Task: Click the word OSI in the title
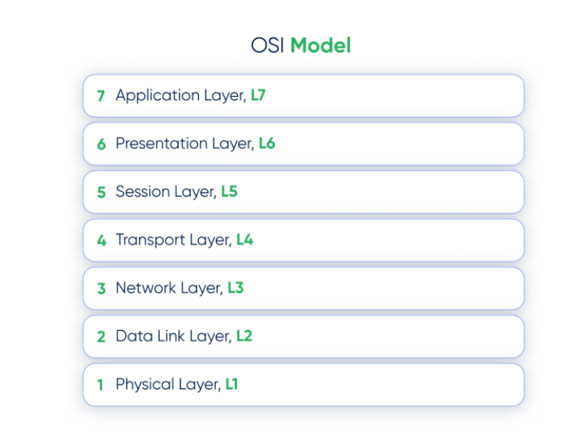(267, 45)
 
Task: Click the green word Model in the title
(321, 45)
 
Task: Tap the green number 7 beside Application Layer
(101, 96)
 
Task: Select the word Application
(157, 96)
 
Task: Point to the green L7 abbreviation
(258, 95)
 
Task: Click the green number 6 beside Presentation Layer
(101, 144)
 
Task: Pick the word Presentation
(161, 144)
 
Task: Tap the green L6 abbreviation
(267, 144)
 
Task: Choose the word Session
(143, 191)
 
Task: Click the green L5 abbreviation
(230, 192)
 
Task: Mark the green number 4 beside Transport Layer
(101, 240)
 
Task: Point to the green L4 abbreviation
(245, 240)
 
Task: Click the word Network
(146, 288)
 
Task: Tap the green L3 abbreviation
(236, 288)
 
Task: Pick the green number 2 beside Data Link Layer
(101, 337)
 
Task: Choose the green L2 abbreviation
(244, 336)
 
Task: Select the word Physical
(145, 385)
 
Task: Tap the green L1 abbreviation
(232, 384)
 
